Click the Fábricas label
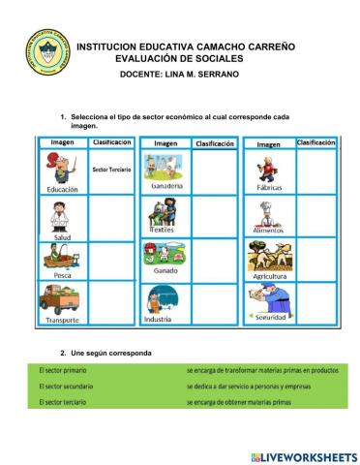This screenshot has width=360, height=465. tap(270, 187)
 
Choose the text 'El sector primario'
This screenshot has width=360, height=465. tap(53, 370)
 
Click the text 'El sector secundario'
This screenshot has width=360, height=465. tap(57, 386)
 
